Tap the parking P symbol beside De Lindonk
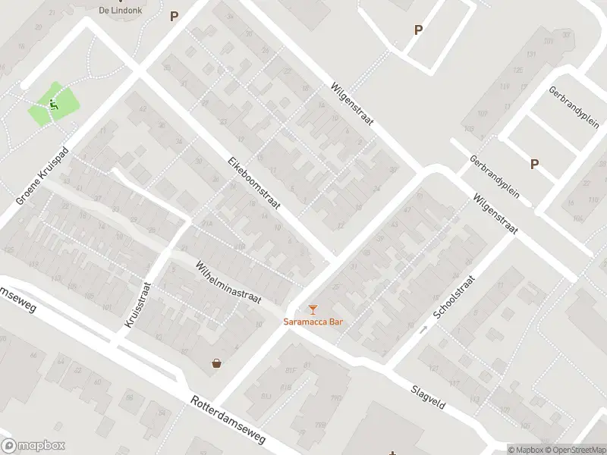(x=174, y=16)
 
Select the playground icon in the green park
(x=53, y=105)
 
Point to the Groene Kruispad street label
(x=42, y=175)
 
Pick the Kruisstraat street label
(x=138, y=305)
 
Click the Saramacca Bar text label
(x=313, y=322)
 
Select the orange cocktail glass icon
(x=313, y=309)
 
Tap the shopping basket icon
(x=218, y=363)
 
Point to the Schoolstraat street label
(x=453, y=297)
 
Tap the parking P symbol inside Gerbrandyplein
(x=534, y=164)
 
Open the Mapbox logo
(x=33, y=446)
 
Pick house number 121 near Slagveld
(x=434, y=369)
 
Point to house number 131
(x=530, y=54)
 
